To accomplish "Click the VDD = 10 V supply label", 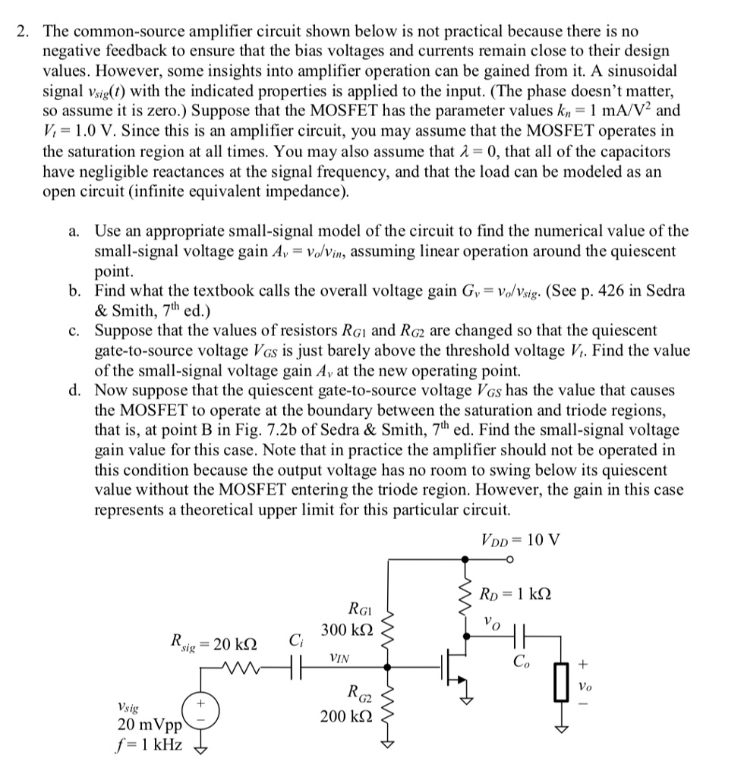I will [x=520, y=540].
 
